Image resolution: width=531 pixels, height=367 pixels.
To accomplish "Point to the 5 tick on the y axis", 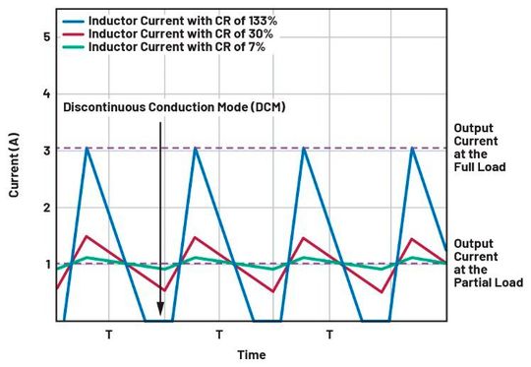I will pos(44,37).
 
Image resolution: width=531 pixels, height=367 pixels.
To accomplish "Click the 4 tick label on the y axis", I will pos(44,93).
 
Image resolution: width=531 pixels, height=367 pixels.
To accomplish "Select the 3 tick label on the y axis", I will pos(44,151).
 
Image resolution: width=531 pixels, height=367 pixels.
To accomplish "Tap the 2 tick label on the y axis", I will pos(44,208).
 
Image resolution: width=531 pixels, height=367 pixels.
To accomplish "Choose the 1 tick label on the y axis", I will pos(44,264).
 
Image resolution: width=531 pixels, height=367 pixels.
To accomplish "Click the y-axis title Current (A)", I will pos(15,180).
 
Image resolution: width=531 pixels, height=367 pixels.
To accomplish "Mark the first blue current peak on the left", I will pos(88,148).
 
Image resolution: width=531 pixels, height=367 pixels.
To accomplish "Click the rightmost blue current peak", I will pos(412,148).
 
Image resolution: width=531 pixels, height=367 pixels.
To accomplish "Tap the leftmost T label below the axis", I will pos(108,335).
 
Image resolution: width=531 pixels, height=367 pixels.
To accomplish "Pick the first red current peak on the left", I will pos(88,236).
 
